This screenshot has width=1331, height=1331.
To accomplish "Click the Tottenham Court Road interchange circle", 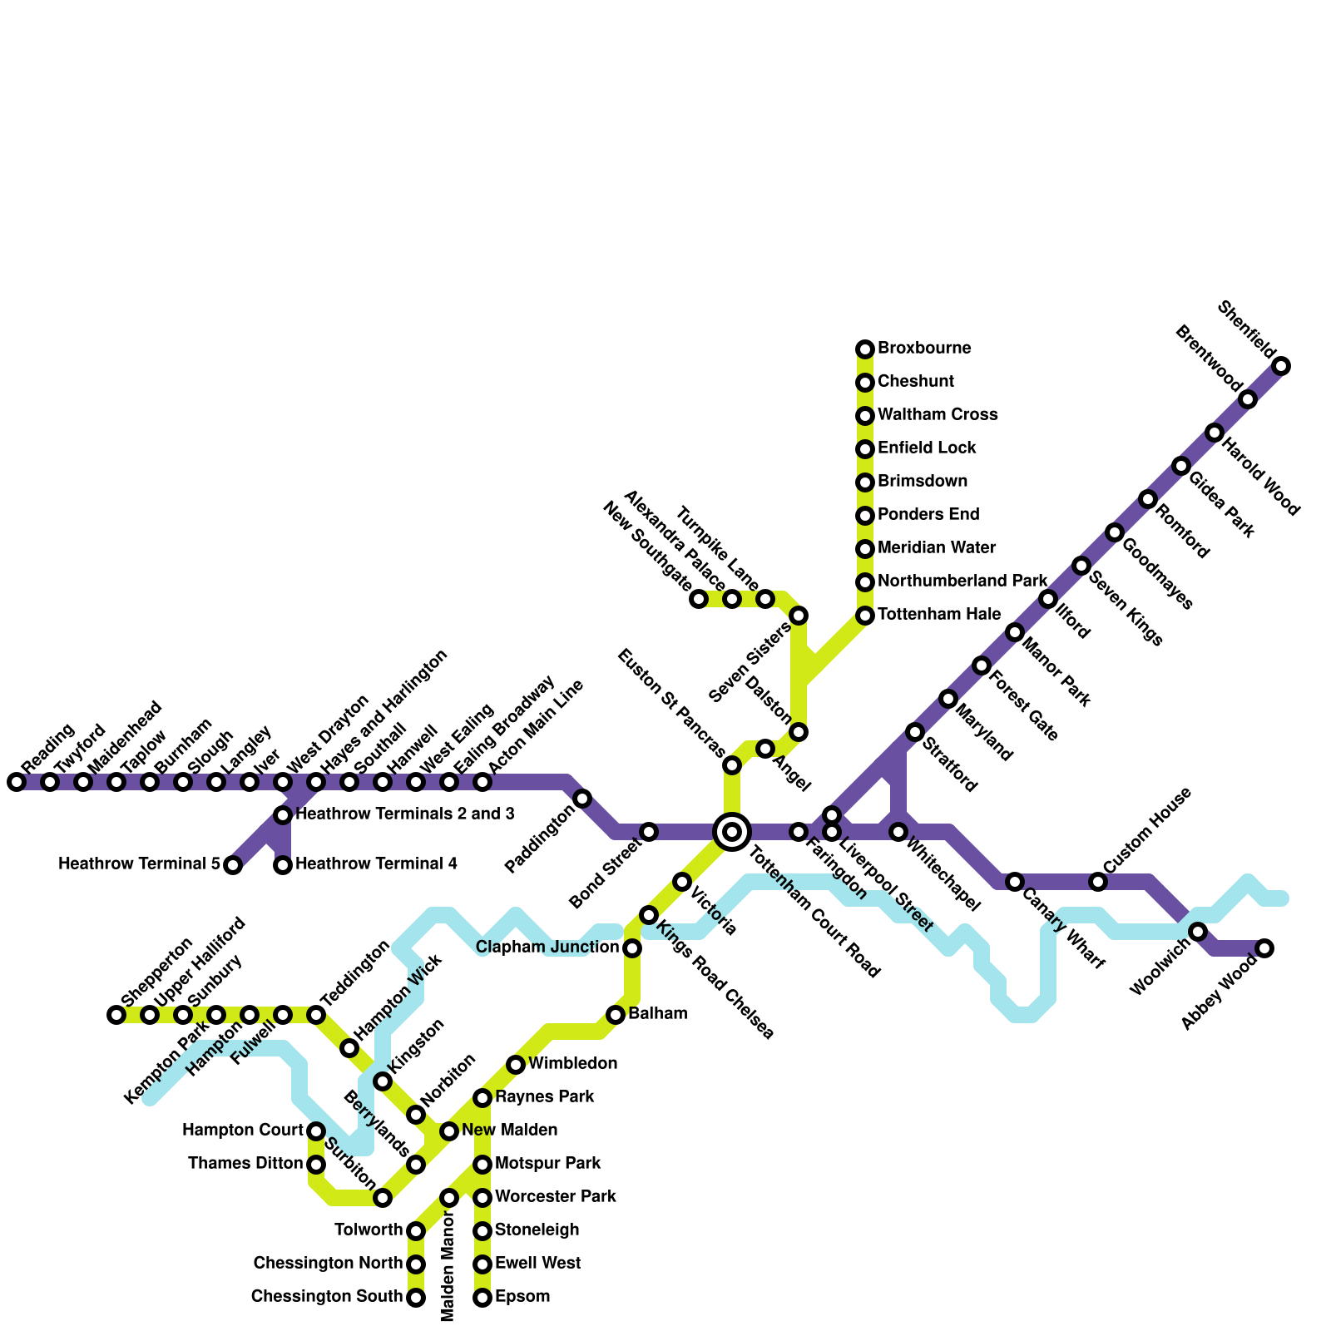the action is [x=732, y=831].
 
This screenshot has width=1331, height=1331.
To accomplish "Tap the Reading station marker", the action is [x=17, y=782].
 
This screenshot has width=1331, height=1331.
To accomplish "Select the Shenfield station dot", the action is [x=1282, y=366].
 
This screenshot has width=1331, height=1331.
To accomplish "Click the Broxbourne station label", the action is [x=924, y=348].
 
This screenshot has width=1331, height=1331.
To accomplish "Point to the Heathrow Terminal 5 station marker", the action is [x=234, y=865].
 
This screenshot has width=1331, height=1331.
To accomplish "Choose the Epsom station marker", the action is [x=482, y=1298].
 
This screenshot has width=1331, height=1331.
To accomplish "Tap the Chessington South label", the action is [x=327, y=1297].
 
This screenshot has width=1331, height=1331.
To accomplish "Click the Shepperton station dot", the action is [x=116, y=1015].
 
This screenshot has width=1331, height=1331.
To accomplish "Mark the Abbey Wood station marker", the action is [x=1264, y=948].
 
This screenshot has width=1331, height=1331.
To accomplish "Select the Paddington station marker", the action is [x=583, y=799].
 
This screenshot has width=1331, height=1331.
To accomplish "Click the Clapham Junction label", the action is [x=547, y=948].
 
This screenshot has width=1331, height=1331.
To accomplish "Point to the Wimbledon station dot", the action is [x=516, y=1065].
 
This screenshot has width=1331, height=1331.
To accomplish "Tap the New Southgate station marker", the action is [x=699, y=599].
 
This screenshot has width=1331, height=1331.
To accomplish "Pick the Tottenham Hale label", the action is [x=939, y=615].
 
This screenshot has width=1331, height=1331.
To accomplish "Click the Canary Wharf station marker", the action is [x=1015, y=882].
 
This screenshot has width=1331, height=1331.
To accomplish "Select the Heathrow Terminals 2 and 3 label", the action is [x=405, y=814].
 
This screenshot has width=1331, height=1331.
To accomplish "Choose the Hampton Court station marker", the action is [x=316, y=1131].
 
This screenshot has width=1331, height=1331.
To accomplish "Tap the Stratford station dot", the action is [x=915, y=732].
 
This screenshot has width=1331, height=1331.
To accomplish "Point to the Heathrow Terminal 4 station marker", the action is [x=283, y=865].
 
